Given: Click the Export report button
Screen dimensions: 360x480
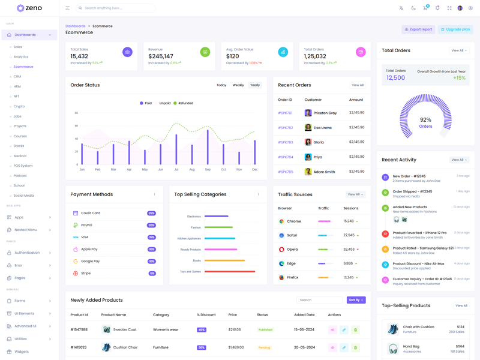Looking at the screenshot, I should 418,29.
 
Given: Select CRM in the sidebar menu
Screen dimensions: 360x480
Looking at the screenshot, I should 17,77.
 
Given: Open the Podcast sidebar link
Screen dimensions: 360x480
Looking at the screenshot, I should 20,176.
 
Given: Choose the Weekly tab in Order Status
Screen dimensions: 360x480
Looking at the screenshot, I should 238,85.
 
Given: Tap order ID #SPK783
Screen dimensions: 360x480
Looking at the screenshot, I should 285,142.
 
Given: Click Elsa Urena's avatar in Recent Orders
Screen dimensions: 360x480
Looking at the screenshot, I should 308,128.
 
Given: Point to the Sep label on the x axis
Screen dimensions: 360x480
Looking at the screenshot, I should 208,170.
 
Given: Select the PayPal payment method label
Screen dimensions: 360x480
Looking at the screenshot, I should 86,225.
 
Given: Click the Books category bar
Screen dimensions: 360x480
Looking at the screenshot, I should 224,260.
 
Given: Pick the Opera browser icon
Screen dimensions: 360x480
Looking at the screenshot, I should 281,249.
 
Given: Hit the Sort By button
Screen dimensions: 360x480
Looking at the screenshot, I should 356,300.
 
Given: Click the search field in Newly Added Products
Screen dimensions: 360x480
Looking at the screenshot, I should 319,300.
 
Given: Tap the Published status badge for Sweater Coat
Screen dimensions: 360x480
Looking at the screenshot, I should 265,329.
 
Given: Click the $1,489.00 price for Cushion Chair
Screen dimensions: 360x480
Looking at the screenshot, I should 236,347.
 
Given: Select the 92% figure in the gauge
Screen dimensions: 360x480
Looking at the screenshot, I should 425,120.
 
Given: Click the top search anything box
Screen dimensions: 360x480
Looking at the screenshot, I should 117,8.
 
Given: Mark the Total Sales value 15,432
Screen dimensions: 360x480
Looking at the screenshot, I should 79,56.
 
